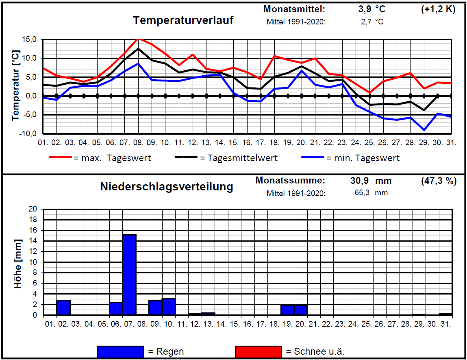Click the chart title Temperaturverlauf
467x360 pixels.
pyautogui.click(x=183, y=20)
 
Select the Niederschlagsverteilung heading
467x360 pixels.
pyautogui.click(x=167, y=187)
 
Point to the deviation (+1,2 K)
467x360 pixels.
pyautogui.click(x=438, y=9)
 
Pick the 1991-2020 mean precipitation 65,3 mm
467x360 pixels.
pyautogui.click(x=371, y=192)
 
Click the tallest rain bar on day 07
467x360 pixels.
pyautogui.click(x=129, y=275)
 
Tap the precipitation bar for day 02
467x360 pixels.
pyautogui.click(x=63, y=308)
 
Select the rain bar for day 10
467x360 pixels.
pyautogui.click(x=169, y=307)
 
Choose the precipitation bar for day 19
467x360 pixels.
pyautogui.click(x=287, y=310)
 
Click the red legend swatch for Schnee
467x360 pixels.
pyautogui.click(x=258, y=351)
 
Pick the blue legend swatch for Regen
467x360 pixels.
pyautogui.click(x=120, y=351)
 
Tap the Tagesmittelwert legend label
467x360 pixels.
pyautogui.click(x=239, y=158)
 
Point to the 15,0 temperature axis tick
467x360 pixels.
pyautogui.click(x=29, y=39)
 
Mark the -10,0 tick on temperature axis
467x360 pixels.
pyautogui.click(x=28, y=134)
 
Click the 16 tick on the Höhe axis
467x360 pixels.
pyautogui.click(x=33, y=230)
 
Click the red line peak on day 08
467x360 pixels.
pyautogui.click(x=138, y=39)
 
